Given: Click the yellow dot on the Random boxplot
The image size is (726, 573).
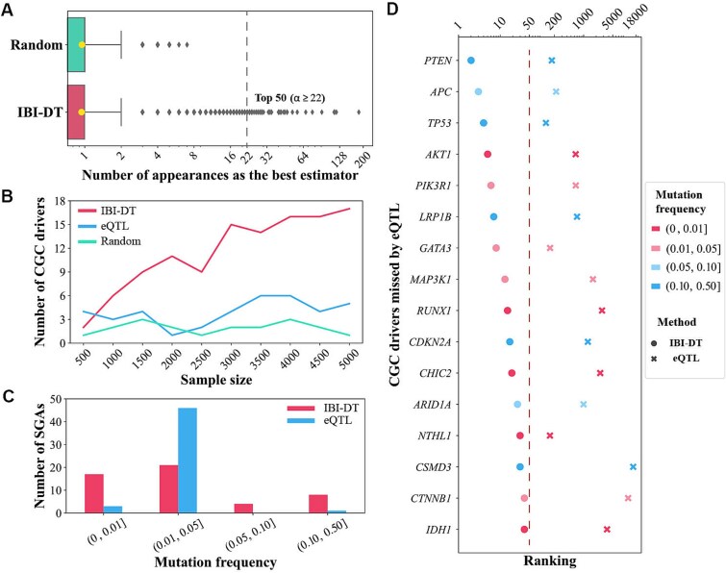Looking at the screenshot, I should [x=82, y=44].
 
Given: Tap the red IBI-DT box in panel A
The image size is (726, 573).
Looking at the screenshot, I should [x=76, y=112].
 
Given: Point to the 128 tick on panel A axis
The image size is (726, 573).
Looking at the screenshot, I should [x=334, y=156].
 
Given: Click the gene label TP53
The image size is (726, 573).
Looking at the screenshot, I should [x=439, y=123].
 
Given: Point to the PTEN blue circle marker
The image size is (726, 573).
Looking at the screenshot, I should [x=471, y=61].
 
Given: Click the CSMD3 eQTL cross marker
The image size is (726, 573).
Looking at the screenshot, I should [x=633, y=467].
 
